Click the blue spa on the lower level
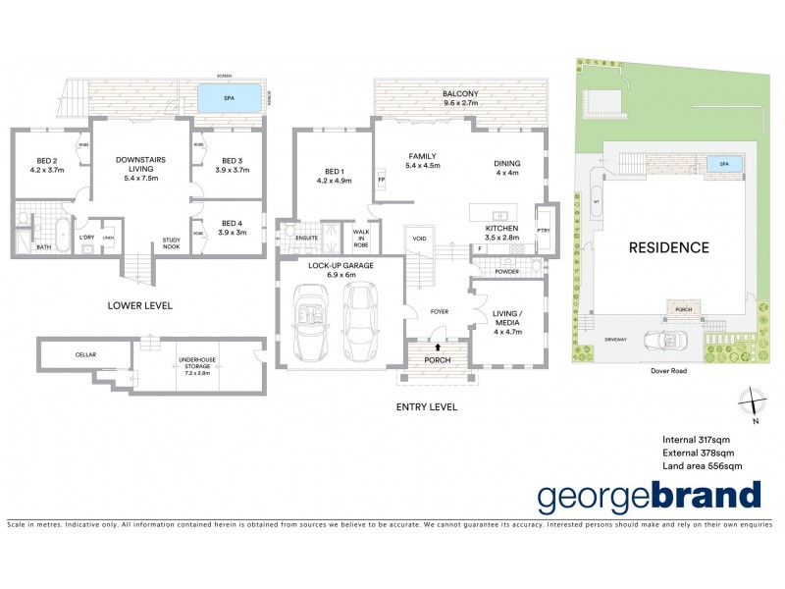pos(230,98)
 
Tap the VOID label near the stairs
pos(419,238)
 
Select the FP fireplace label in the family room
pos(381,181)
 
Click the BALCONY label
pos(459,96)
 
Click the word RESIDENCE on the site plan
pos(668,247)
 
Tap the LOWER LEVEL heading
pos(139,305)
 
